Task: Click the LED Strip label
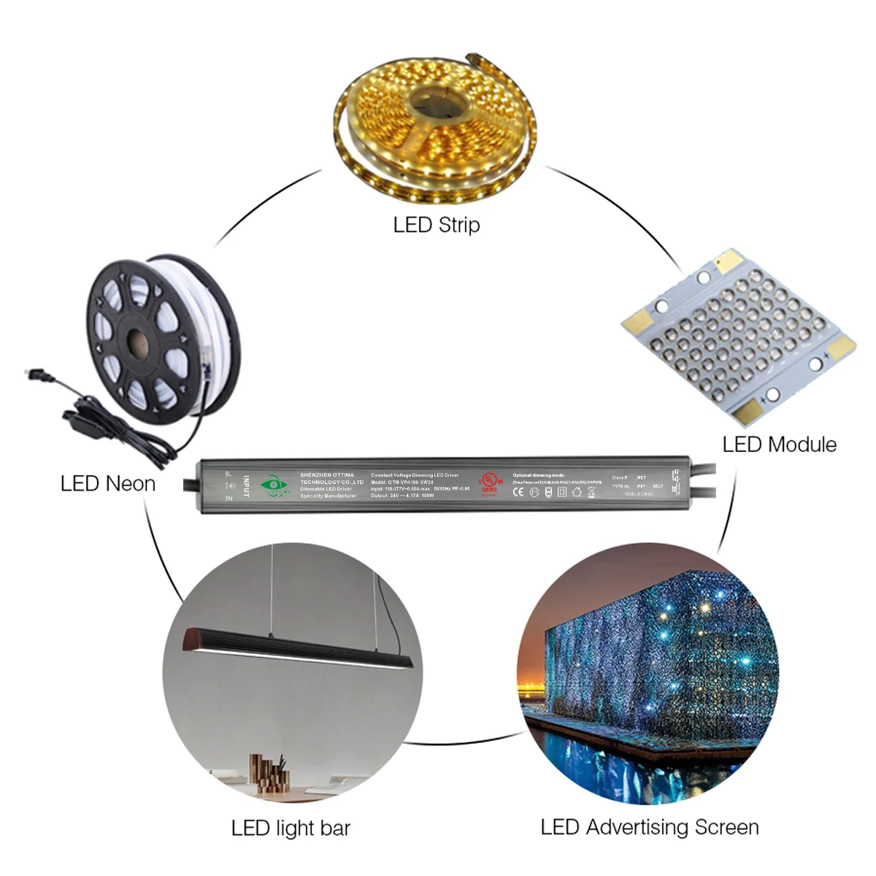tap(437, 224)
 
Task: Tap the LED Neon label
tap(108, 483)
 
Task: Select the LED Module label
tap(779, 444)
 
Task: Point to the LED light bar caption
tap(291, 828)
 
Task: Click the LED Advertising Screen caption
tap(650, 827)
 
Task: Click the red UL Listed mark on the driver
tap(488, 481)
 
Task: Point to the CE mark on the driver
tap(518, 492)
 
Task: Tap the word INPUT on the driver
tap(247, 486)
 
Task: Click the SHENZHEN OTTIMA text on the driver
tap(327, 475)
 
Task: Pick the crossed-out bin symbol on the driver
tap(591, 492)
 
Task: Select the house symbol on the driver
tap(577, 492)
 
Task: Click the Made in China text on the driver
tap(639, 494)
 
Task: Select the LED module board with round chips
tap(737, 336)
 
